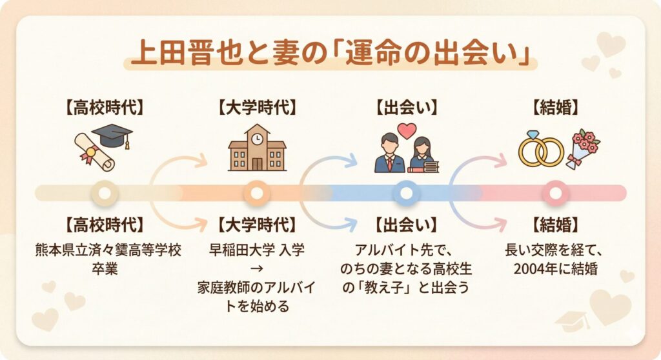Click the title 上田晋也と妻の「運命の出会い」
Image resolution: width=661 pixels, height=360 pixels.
[330, 52]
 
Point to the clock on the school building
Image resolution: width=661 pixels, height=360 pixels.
[257, 138]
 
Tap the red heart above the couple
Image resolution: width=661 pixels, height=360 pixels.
[407, 130]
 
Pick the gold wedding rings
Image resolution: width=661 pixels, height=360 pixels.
[540, 150]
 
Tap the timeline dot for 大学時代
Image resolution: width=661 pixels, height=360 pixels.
[257, 193]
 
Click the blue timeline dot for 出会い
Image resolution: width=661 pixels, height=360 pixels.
[406, 193]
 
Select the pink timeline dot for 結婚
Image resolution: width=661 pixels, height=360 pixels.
[554, 193]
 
